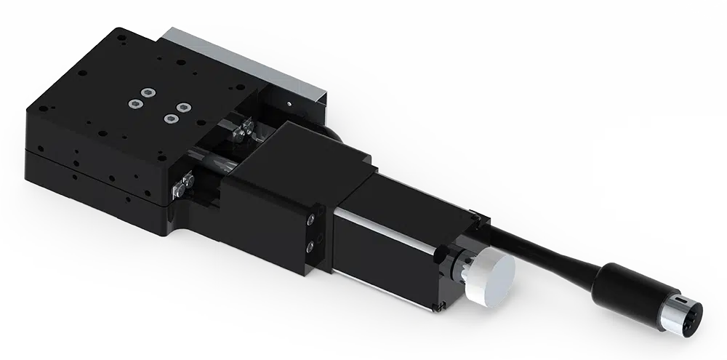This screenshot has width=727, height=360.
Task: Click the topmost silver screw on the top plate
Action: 148,92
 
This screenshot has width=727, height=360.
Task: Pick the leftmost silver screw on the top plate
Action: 134,103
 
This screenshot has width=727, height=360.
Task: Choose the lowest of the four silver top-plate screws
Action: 171,118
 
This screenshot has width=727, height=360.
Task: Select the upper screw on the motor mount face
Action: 313,218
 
